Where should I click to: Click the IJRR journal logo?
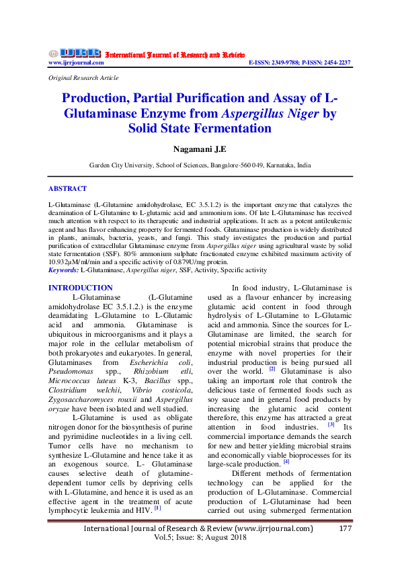75,53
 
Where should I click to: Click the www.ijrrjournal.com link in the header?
76,63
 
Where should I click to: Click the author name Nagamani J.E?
200,148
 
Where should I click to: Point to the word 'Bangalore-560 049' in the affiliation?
239,165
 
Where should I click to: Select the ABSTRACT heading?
67,189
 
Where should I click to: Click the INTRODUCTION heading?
81,288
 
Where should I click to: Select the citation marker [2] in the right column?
272,368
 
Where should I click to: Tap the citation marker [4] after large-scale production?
286,461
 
